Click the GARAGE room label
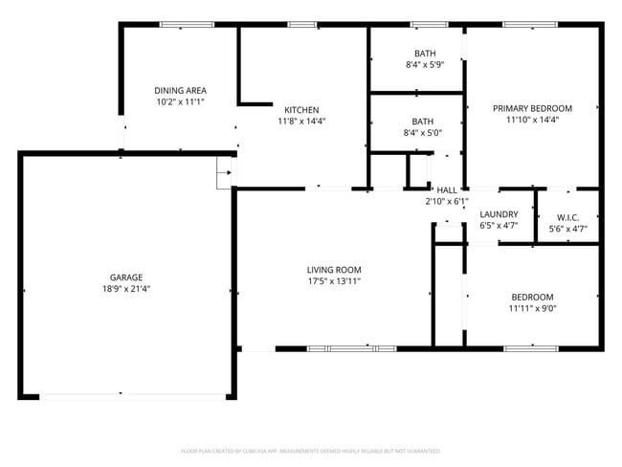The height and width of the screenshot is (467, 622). point(126,277)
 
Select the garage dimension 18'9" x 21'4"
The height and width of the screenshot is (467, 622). point(126,288)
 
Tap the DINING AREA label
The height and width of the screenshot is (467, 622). point(181,91)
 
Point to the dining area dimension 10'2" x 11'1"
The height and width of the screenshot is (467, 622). point(181,101)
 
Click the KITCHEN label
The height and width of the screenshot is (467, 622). point(301,110)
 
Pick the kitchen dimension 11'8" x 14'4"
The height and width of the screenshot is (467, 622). point(301,122)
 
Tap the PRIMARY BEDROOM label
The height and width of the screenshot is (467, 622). point(532,109)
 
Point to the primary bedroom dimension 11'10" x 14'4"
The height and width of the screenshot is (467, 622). point(532,121)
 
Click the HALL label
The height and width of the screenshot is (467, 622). point(447,190)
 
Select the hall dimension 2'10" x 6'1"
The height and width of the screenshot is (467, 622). point(447,202)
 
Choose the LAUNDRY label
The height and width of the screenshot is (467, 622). point(499,214)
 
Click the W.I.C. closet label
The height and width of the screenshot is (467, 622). point(567,216)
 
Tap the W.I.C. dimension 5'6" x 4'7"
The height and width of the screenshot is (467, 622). point(567,229)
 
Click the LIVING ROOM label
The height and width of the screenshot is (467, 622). point(334,270)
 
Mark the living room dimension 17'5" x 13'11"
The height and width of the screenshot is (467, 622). point(334,281)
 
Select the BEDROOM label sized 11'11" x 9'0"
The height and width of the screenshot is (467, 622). point(532,297)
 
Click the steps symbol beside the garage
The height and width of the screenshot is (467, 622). point(225,173)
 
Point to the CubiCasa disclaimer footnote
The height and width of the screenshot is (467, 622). point(311,450)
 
